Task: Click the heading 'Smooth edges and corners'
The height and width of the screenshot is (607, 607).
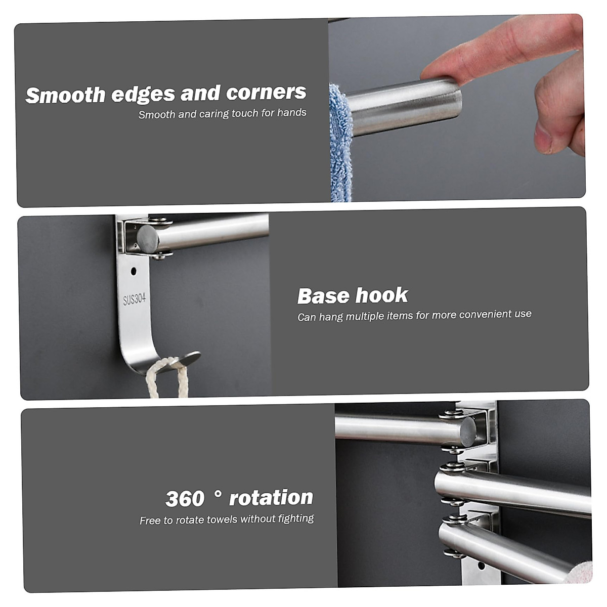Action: tap(165, 94)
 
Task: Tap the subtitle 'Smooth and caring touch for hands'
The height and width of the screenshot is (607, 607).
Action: tap(223, 114)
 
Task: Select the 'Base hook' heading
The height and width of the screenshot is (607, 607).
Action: tap(352, 296)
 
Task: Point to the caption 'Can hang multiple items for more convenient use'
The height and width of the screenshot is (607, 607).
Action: tap(414, 315)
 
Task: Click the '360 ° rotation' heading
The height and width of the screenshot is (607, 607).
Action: tap(239, 498)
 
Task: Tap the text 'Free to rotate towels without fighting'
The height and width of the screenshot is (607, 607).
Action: tap(227, 519)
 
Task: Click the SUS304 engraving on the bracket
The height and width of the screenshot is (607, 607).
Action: tap(134, 299)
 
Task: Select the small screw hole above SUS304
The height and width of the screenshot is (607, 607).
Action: tap(134, 271)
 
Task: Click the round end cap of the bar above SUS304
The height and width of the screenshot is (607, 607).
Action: tap(147, 239)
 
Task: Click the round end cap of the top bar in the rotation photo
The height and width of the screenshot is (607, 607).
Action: tap(468, 432)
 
